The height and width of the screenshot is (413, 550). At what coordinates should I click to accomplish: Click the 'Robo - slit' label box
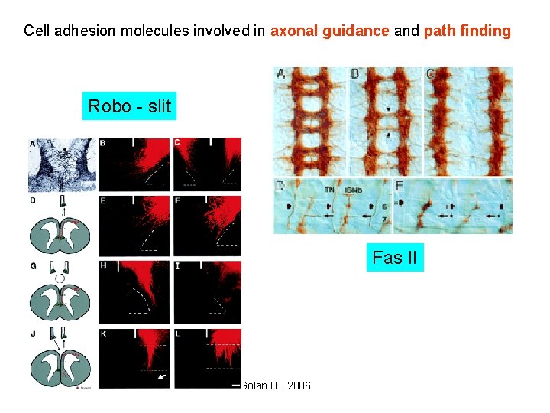pos(129,106)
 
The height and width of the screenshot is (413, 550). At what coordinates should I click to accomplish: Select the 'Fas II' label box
pos(394,258)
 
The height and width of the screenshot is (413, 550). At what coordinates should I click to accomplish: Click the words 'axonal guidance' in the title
pos(330,31)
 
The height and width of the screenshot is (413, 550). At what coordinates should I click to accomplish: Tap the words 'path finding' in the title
pos(467,31)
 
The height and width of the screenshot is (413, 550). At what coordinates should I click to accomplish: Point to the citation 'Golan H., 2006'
pos(275,385)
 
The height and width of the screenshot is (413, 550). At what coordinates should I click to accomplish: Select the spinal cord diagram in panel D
pos(61,232)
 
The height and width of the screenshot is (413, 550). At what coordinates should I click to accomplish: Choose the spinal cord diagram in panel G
pos(61,298)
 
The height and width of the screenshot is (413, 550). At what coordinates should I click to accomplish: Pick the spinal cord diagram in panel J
pos(61,364)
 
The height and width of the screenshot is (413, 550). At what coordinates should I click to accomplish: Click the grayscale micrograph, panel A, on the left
pos(62,164)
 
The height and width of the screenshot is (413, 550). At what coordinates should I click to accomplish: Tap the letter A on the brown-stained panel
pos(281,74)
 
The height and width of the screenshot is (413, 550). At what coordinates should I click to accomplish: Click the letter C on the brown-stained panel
pos(431,74)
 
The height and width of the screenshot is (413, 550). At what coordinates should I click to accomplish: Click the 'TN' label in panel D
pos(328,189)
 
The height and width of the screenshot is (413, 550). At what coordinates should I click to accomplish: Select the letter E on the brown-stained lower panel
pos(400,187)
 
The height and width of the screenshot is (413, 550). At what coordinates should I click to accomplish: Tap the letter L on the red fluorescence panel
pos(179,334)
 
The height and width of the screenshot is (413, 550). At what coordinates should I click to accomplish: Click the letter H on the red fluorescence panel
pos(104,266)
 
